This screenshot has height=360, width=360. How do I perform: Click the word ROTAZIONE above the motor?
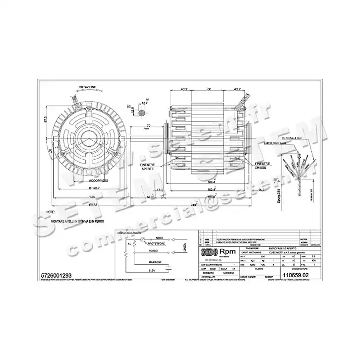tap(87, 87)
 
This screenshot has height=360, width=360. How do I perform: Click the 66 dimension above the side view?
tap(209, 89)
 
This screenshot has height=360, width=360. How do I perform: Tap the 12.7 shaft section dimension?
tap(145, 103)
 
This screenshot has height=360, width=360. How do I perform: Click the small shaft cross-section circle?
tap(143, 114)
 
